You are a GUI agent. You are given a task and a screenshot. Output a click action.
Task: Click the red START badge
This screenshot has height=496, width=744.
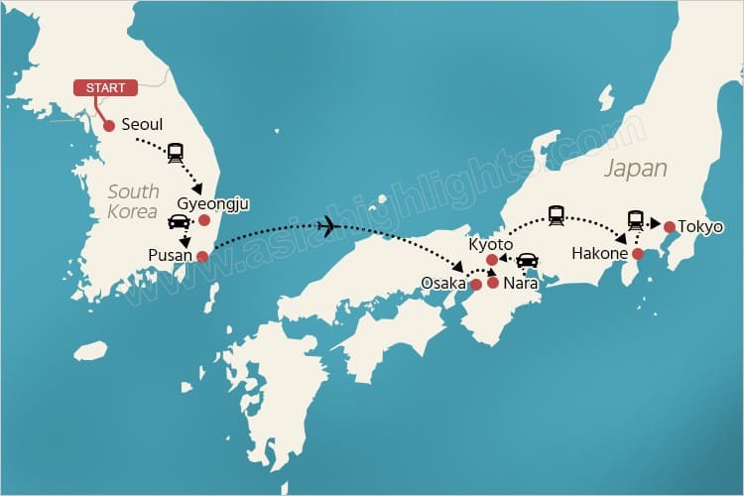(105, 88)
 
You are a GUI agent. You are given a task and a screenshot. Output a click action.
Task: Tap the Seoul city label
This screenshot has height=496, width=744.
(142, 126)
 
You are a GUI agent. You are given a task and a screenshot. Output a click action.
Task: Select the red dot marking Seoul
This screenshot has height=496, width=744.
(109, 126)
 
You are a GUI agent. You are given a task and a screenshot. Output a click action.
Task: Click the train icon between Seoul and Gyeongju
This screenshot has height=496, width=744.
(176, 153)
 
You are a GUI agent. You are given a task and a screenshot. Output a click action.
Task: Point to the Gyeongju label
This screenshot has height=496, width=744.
(212, 204)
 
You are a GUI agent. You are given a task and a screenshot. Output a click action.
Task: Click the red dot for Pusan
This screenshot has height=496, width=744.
(203, 257)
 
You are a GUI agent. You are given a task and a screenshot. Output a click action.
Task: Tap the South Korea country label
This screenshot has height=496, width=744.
(134, 201)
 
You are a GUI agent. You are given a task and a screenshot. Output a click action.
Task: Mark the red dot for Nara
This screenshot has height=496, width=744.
(493, 283)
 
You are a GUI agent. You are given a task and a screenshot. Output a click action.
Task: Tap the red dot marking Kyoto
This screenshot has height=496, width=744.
(492, 260)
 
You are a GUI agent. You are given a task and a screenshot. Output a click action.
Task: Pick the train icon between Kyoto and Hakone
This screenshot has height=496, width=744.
(557, 214)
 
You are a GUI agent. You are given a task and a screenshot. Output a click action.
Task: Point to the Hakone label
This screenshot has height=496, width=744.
(599, 254)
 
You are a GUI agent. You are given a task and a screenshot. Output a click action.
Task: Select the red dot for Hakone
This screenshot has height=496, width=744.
(638, 254)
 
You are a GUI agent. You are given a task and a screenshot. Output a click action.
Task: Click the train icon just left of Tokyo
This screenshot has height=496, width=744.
(636, 220)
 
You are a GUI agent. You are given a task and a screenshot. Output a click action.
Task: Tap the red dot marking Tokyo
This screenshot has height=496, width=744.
(670, 227)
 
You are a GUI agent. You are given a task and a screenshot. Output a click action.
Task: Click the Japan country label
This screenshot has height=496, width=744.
(635, 169)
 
